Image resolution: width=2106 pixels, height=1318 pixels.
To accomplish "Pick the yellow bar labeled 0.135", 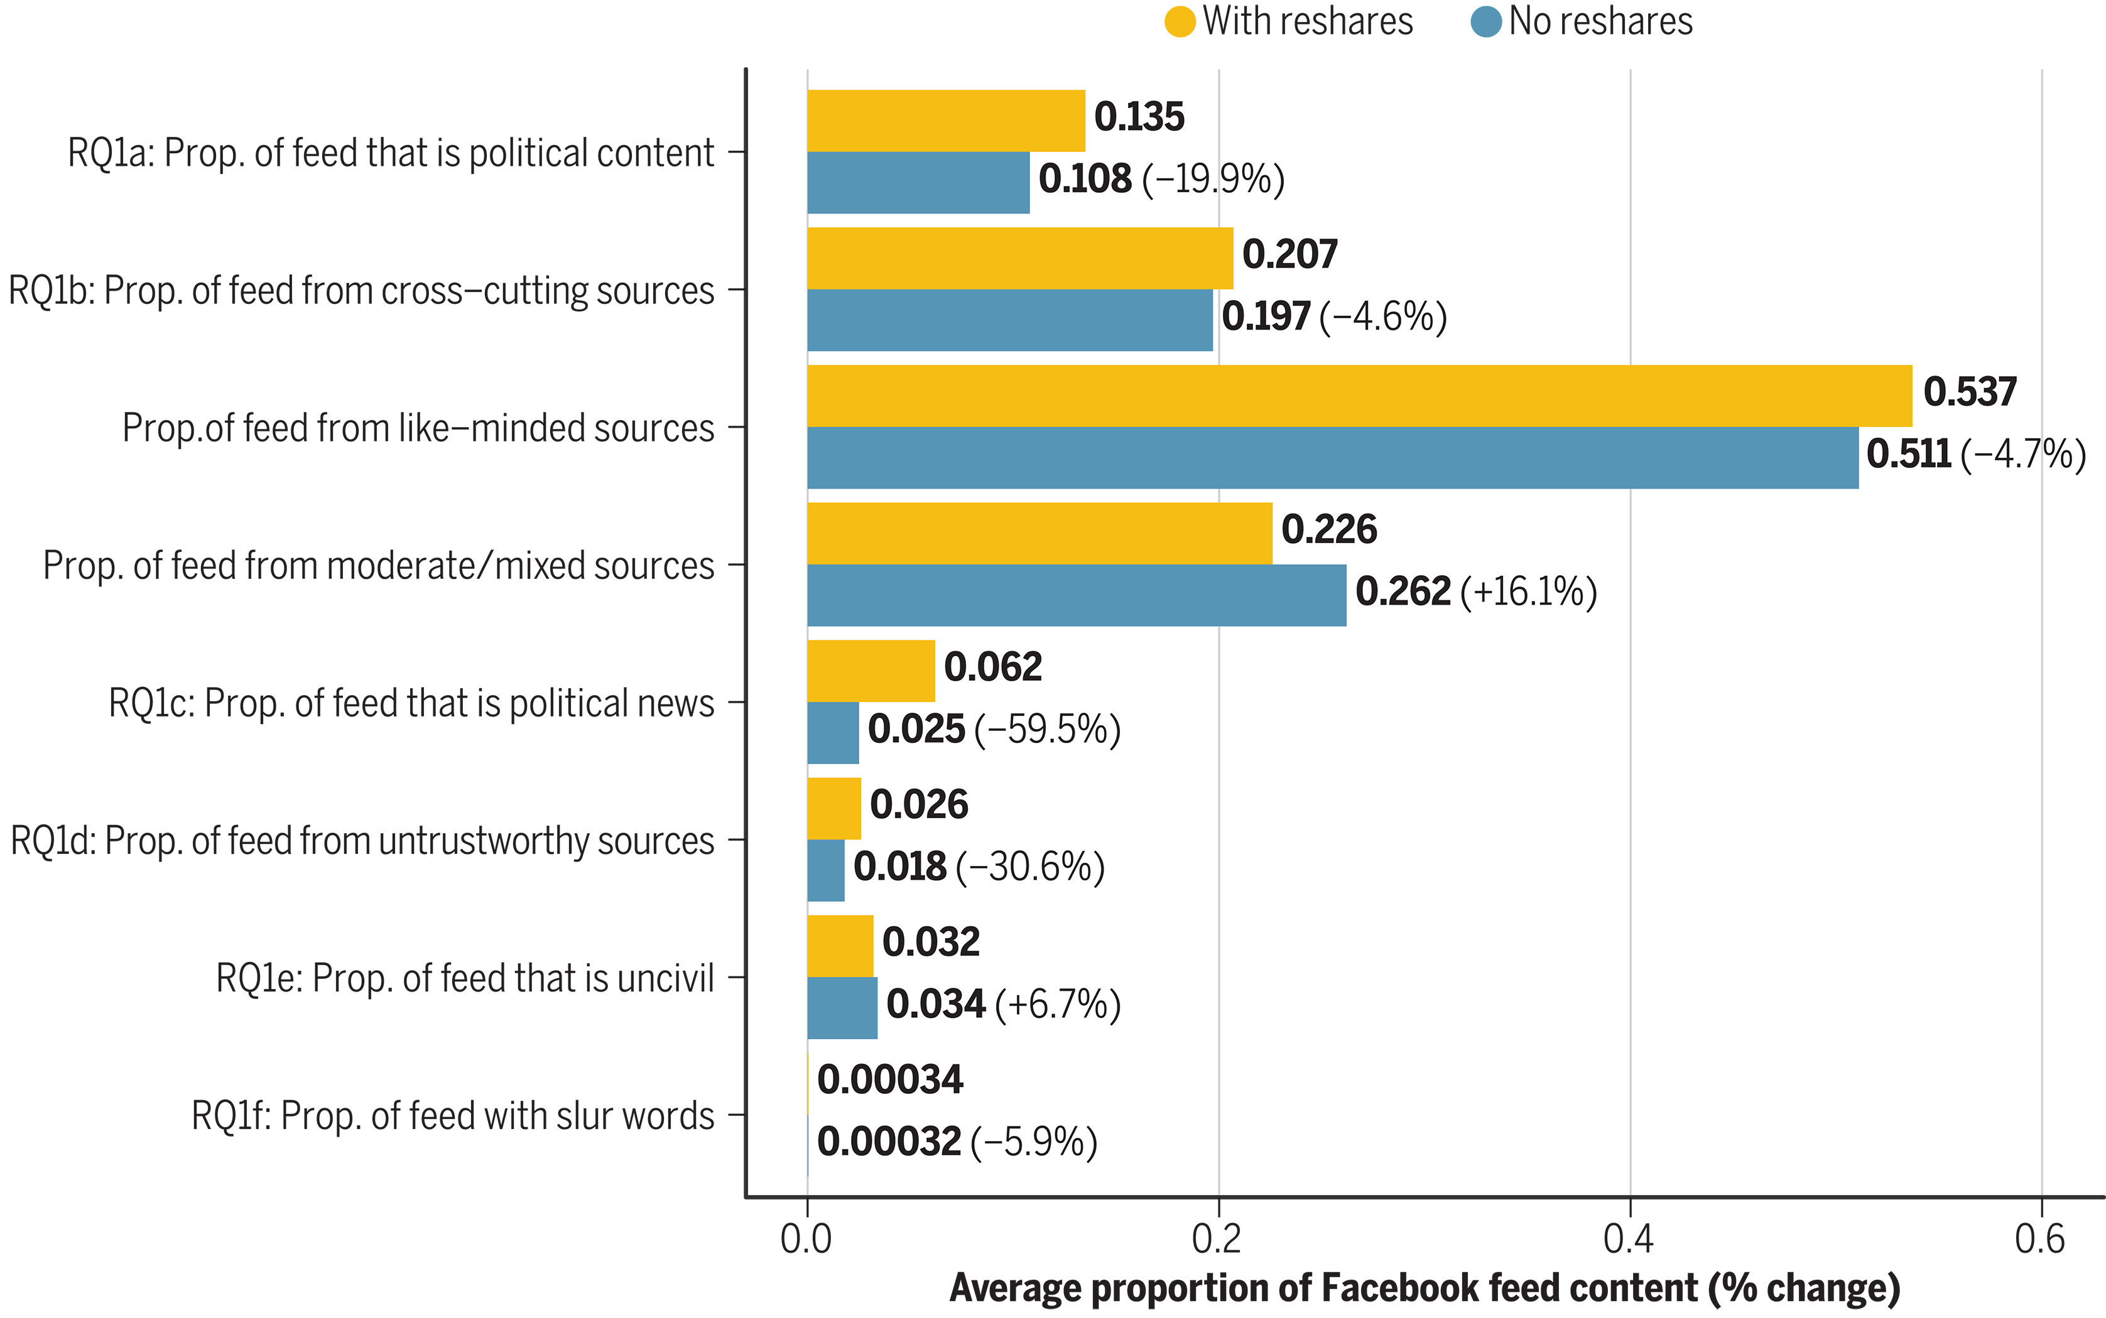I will point(946,121).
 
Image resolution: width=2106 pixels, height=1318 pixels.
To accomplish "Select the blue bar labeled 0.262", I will point(1076,595).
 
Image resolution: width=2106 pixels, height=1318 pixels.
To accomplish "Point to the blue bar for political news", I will point(832,733).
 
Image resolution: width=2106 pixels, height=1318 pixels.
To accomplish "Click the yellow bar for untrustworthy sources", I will point(833,808).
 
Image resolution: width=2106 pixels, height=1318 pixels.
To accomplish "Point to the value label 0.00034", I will point(890,1080).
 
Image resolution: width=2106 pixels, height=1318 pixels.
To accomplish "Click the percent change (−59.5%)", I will point(1047,730).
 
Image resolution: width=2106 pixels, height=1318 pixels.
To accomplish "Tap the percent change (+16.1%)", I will point(1528,592).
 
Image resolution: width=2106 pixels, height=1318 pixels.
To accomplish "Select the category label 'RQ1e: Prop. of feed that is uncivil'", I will point(465,978).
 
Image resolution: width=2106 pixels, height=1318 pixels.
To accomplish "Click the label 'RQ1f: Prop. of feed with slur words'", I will point(452,1116).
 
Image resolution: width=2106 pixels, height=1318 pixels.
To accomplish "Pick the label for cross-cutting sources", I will point(361,290).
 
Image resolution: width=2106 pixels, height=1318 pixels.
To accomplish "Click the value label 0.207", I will point(1289,254).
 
